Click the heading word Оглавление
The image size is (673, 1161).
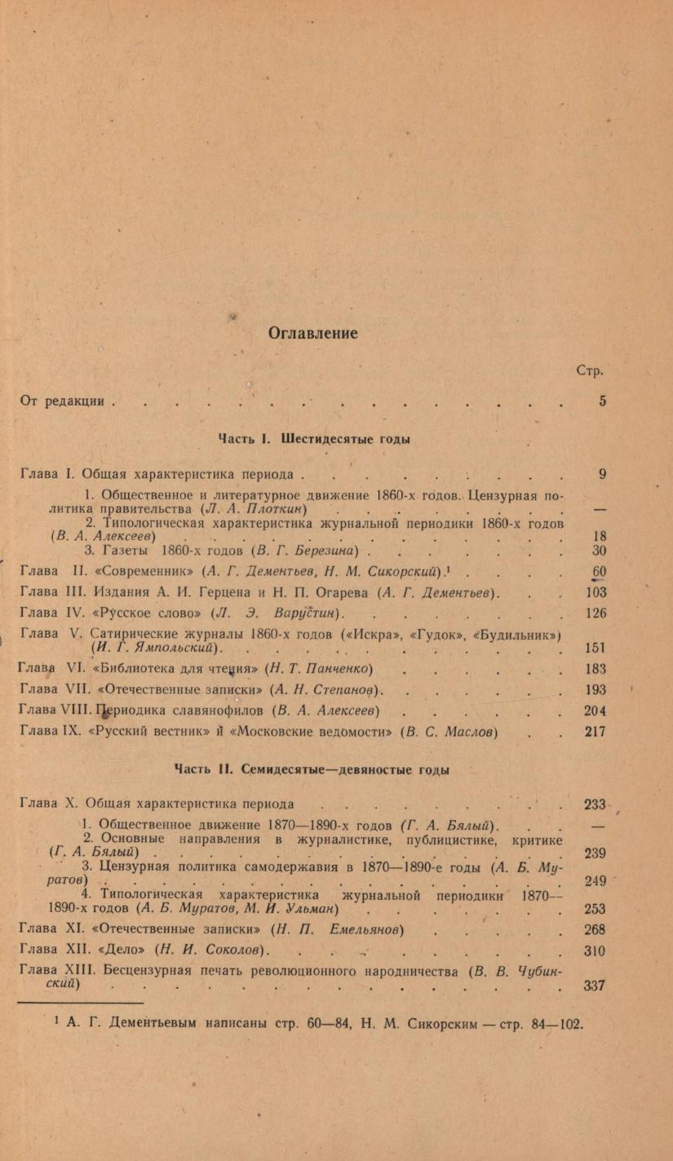313,333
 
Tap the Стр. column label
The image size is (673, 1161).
589,370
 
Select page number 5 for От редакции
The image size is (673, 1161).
602,401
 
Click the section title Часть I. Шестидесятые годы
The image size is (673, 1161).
313,439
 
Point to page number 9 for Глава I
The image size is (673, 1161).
602,474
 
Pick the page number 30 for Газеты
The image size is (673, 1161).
599,551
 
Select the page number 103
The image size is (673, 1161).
596,592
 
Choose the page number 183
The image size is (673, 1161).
596,669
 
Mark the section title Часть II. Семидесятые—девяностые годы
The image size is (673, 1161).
312,769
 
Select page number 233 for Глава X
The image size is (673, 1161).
596,804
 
